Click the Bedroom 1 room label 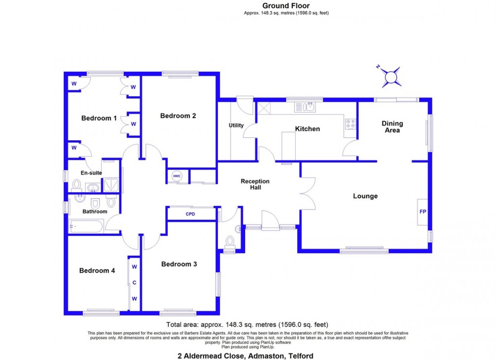(99, 118)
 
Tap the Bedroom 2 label (178, 116)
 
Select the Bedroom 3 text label (179, 264)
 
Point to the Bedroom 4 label (97, 271)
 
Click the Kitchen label (307, 129)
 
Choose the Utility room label (236, 126)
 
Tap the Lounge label (365, 196)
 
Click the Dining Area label (392, 127)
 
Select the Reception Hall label (255, 184)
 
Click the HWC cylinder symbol (177, 177)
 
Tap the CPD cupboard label (190, 214)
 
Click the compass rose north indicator (391, 77)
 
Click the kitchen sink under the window (305, 107)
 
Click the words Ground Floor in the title (286, 6)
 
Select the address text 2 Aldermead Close (210, 356)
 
